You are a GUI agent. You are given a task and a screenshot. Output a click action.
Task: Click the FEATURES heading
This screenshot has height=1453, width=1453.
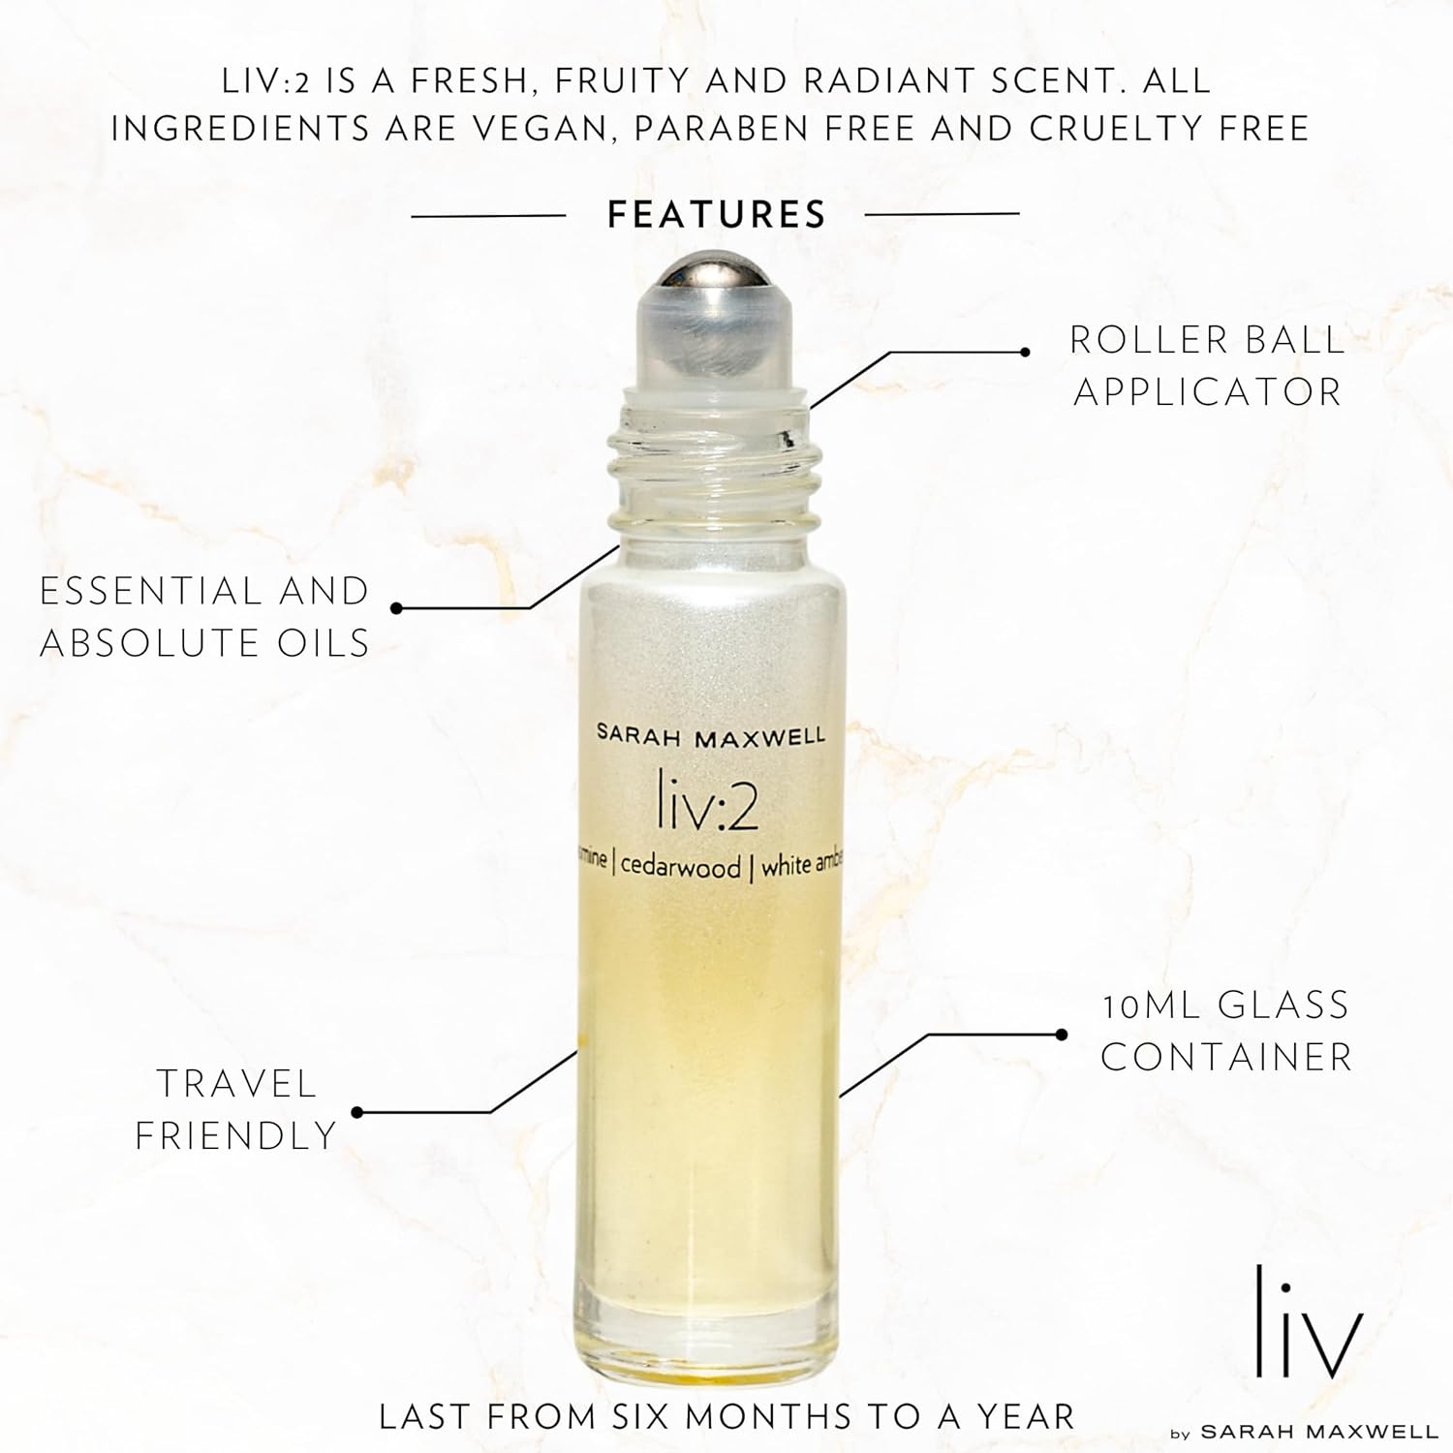click(x=716, y=214)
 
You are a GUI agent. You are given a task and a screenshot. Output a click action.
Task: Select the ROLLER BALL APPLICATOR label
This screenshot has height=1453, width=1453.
click(x=1208, y=365)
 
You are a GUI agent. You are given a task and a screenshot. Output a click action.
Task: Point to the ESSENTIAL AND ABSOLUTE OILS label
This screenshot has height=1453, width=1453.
click(x=204, y=616)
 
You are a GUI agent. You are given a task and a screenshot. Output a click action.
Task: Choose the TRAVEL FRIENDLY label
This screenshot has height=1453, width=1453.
click(x=235, y=1109)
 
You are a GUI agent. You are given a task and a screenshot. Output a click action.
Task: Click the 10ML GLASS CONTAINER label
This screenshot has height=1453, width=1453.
click(x=1226, y=1031)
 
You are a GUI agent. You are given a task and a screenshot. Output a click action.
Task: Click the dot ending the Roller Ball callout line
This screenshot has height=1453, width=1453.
click(x=1026, y=352)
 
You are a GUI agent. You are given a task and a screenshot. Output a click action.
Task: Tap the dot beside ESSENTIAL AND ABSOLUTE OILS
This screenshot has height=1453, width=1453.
click(x=396, y=608)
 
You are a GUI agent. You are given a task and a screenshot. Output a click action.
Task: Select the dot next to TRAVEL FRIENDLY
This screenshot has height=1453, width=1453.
click(x=356, y=1112)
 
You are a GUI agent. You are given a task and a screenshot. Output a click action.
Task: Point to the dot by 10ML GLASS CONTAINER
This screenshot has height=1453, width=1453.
click(x=1062, y=1035)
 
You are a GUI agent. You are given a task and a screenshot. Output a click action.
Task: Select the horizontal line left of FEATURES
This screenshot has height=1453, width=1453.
click(x=489, y=215)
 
